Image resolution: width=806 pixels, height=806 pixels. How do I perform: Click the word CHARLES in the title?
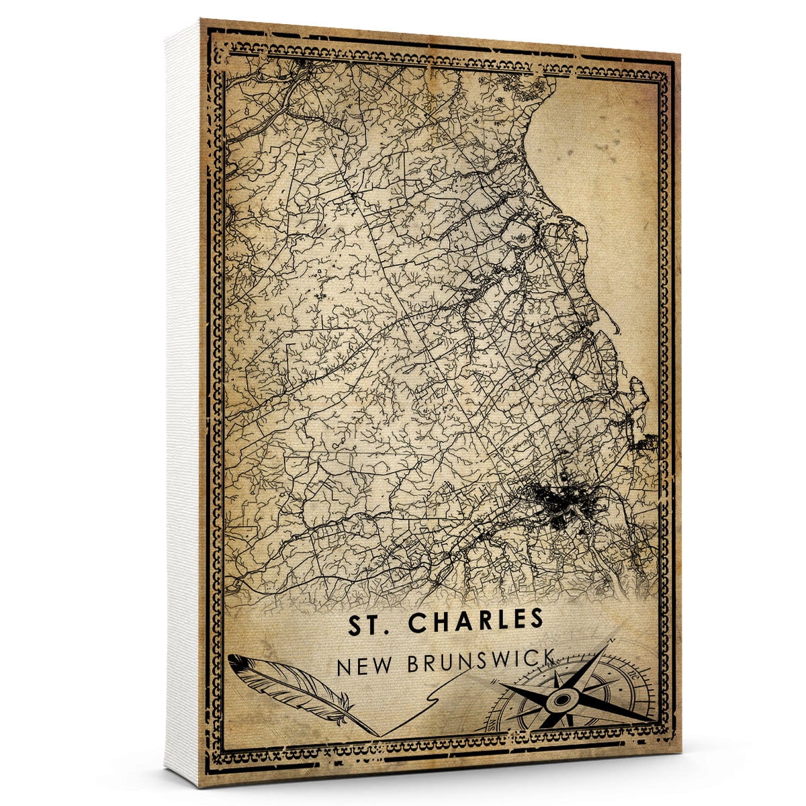476,623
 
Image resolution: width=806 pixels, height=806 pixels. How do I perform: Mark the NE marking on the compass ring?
633,675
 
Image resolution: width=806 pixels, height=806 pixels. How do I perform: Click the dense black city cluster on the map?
557,501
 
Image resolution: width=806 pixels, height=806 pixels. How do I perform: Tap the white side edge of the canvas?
183,403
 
